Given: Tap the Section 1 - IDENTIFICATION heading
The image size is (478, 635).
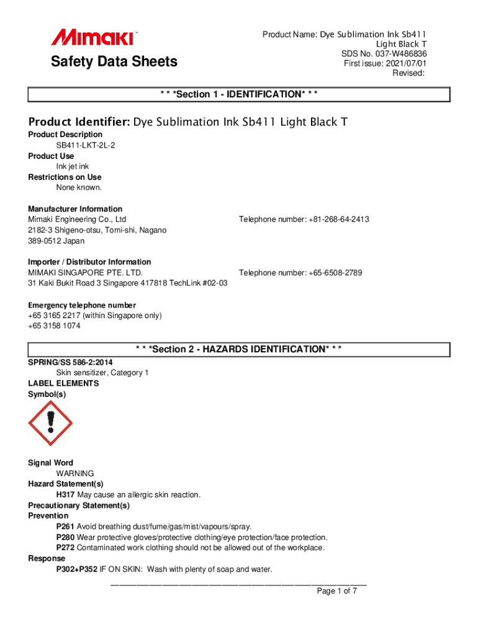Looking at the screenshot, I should coord(239,94).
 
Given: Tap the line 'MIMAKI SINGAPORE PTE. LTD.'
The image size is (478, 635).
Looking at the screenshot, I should coord(86,273).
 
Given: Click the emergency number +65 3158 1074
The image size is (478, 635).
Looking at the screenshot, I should coord(54,326).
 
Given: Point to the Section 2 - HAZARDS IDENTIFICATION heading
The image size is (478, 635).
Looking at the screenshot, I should coord(239,349).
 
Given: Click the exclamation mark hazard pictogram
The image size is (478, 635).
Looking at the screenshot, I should coord(50,424).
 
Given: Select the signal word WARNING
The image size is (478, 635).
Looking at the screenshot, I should coord(75,473).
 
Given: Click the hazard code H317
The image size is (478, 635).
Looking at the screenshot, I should coord(65,495).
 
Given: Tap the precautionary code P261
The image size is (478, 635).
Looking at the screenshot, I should coord(65,526).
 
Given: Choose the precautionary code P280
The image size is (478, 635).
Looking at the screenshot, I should coord(65,537).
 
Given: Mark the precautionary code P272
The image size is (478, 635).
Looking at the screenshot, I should coord(65,548).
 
